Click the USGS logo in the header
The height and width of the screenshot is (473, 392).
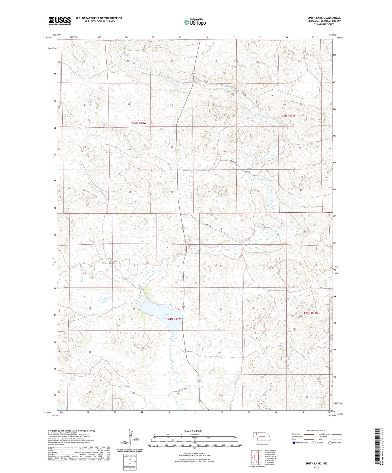[x=59, y=21]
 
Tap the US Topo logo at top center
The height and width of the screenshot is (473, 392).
[x=195, y=22]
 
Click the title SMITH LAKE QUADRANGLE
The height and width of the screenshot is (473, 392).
[x=324, y=18]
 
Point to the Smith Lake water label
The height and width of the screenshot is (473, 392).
[x=169, y=314]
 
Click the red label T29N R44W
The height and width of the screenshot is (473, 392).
[x=139, y=123]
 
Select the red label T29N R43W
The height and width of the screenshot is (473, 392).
[x=287, y=116]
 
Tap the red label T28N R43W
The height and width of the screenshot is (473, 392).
[x=311, y=313]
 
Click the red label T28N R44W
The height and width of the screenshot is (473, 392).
[x=173, y=319]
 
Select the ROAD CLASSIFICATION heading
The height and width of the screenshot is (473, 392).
[x=316, y=430]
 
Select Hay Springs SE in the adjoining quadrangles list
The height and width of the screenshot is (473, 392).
[x=270, y=451]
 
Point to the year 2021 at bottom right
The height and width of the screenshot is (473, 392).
[x=316, y=467]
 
